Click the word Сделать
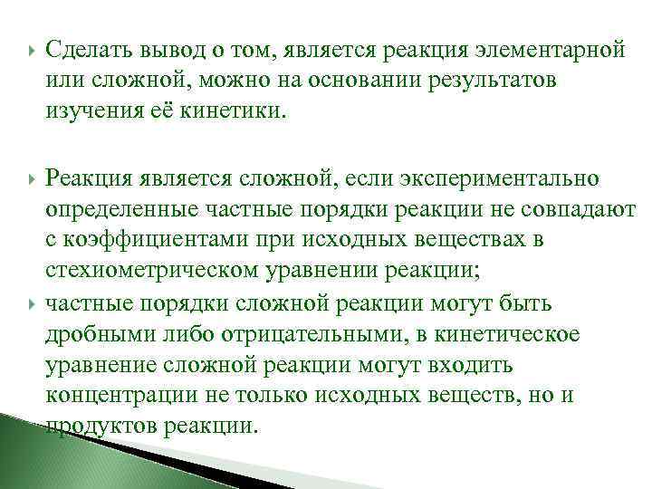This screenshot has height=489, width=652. point(85,48)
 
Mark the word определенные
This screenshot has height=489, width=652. point(113,210)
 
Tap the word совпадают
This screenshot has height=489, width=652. point(580,210)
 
